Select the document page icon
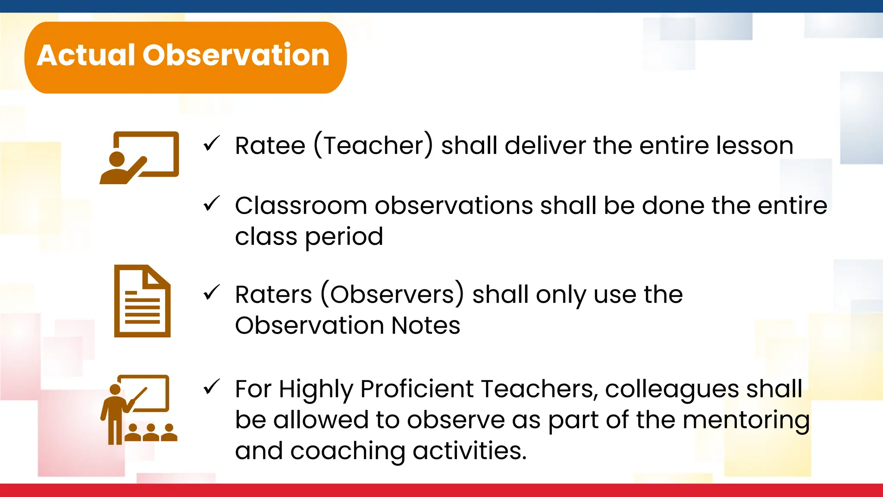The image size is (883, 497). [x=142, y=301]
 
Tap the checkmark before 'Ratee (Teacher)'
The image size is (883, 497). [x=212, y=144]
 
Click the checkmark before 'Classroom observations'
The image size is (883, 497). [x=212, y=204]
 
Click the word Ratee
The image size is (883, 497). [x=270, y=145]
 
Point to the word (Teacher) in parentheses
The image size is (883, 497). [x=373, y=145]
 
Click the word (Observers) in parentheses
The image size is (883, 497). [x=392, y=295]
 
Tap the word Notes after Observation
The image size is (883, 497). [x=426, y=325]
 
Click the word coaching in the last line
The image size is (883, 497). [x=348, y=451]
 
